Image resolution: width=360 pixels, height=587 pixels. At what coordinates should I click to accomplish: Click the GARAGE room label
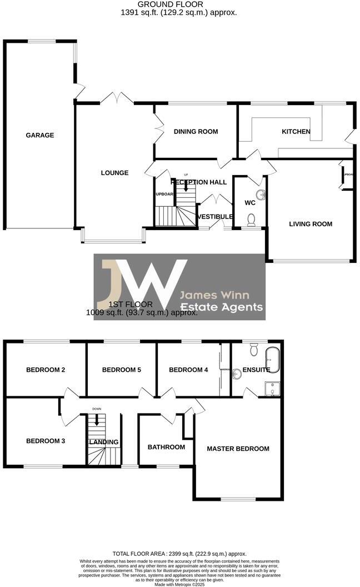(x=40, y=135)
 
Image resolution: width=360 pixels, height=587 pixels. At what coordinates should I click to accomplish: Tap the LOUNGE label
(x=114, y=173)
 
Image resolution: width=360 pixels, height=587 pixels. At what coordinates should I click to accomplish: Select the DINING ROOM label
(x=196, y=132)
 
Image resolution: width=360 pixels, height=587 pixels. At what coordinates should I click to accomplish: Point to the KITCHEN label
(x=296, y=132)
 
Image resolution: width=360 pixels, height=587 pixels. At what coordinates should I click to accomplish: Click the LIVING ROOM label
(x=311, y=224)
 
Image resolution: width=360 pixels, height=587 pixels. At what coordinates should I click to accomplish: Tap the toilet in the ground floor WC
(x=251, y=220)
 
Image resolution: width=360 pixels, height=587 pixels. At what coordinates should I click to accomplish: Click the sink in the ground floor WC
(x=261, y=195)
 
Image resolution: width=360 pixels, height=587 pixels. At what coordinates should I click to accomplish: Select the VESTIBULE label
(x=215, y=216)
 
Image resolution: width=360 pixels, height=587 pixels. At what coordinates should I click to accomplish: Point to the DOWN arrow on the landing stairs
(x=97, y=419)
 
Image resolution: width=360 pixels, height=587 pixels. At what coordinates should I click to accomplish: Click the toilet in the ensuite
(x=254, y=349)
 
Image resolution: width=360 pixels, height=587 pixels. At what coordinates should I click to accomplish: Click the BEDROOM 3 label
(x=46, y=441)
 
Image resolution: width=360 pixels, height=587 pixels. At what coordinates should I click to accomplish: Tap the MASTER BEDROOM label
(x=238, y=449)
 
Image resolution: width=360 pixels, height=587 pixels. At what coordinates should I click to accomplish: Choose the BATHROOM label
(x=166, y=447)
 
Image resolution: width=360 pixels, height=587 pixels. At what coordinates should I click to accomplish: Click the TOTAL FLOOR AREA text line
(x=179, y=554)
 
